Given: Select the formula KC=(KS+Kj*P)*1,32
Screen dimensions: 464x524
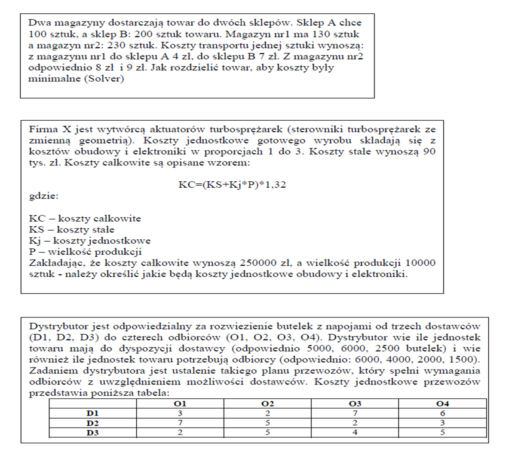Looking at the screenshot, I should pyautogui.click(x=232, y=185).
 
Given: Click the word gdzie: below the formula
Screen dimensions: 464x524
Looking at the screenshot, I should pyautogui.click(x=43, y=196).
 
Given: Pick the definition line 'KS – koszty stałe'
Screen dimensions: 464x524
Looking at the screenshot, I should pyautogui.click(x=71, y=229).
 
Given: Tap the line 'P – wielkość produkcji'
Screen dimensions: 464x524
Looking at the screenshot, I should pyautogui.click(x=85, y=252).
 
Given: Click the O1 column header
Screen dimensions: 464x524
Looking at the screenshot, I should pyautogui.click(x=180, y=404).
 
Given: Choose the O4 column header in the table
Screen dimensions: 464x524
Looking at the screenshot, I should pyautogui.click(x=442, y=404).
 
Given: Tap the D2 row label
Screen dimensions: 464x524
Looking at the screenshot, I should pyautogui.click(x=92, y=423).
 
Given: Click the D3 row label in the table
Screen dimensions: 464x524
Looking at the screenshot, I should pyautogui.click(x=92, y=433).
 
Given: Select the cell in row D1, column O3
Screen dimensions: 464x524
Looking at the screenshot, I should pyautogui.click(x=355, y=413).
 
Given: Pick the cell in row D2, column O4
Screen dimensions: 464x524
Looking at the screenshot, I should pyautogui.click(x=442, y=423).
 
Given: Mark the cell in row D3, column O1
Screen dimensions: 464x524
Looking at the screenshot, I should pyautogui.click(x=180, y=433).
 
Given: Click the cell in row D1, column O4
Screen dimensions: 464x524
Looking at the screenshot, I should pyautogui.click(x=442, y=413).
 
